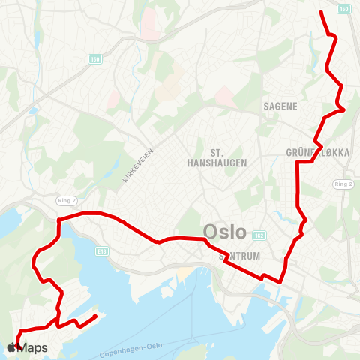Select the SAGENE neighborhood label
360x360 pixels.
pos(281,106)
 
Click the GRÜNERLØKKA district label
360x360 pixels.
pos(318,152)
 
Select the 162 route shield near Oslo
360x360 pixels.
pos(259,235)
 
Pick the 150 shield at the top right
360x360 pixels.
pos(344,8)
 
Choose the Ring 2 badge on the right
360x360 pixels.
pos(344,184)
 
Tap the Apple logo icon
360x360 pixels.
pos(11,347)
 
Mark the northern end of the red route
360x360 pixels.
pos(322,12)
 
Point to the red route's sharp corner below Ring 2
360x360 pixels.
pos(58,219)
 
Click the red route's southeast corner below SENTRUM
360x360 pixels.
pos(280,282)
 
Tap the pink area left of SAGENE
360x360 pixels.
pos(224,94)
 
